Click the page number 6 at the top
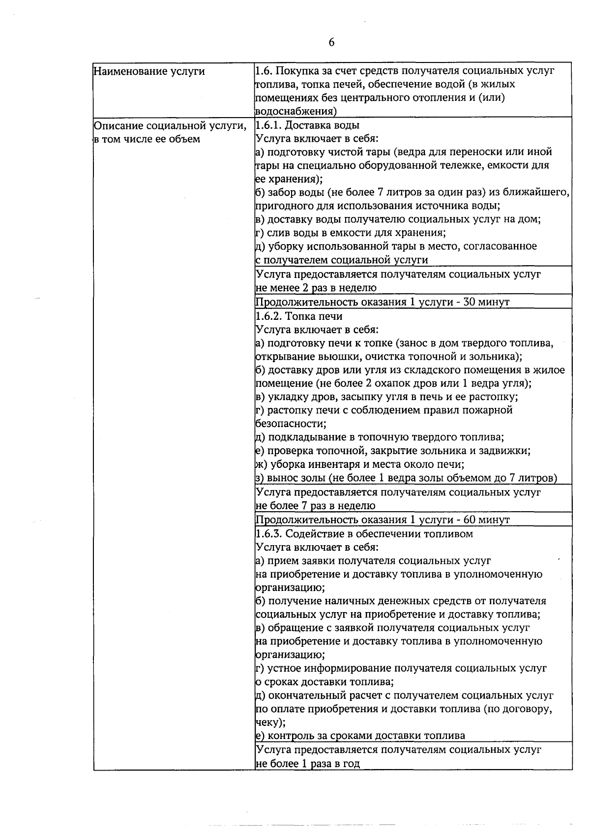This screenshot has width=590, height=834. (x=331, y=43)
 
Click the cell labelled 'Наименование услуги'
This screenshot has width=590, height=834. (x=149, y=71)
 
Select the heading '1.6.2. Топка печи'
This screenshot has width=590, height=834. (x=299, y=316)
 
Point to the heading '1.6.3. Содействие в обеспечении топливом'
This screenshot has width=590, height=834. (x=364, y=534)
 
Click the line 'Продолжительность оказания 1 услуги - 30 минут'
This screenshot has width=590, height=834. (x=383, y=302)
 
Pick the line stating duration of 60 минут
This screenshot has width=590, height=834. (x=383, y=520)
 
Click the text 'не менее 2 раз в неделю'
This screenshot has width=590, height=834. (x=316, y=288)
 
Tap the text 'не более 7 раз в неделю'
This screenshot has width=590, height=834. (x=316, y=506)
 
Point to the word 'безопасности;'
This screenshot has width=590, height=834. (x=291, y=424)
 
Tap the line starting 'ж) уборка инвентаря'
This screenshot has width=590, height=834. (x=360, y=464)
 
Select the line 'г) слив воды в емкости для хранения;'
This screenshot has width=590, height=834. (x=351, y=233)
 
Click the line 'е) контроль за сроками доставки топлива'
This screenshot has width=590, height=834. (x=360, y=736)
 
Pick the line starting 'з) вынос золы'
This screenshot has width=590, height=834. (x=406, y=478)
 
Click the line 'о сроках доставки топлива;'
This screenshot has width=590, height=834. (x=324, y=682)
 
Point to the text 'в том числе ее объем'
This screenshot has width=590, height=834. (x=147, y=139)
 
